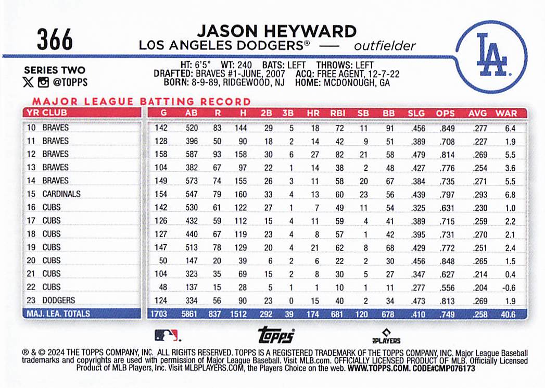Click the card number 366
point(55,41)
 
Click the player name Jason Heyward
point(276,31)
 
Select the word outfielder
point(385,46)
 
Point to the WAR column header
point(506,113)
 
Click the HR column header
point(314,113)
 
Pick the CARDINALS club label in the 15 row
point(61,194)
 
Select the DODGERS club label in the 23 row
point(59,301)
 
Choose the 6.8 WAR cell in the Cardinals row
point(510,194)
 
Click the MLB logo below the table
point(167,335)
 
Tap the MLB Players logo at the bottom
point(386,336)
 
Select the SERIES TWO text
point(54,70)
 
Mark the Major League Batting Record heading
point(141,102)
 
